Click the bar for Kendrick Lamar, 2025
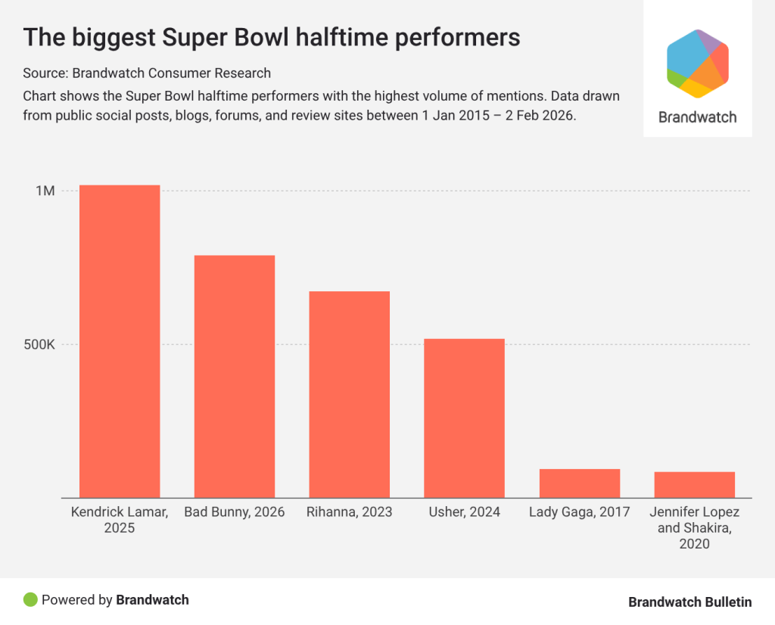pos(120,341)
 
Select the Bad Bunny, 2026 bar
pos(235,376)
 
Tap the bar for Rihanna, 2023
pos(349,394)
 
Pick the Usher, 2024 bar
pos(464,418)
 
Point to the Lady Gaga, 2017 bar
pos(579,483)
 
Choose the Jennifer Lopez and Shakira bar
pos(694,484)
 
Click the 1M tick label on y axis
pos(45,191)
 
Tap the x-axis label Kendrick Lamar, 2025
pos(120,520)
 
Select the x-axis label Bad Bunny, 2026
pos(235,512)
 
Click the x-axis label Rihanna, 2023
pos(349,512)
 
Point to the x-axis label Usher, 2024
pos(464,512)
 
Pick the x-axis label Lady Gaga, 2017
pos(579,512)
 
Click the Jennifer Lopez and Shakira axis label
pos(694,528)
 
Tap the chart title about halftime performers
pos(272,38)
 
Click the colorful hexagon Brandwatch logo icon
pos(697,64)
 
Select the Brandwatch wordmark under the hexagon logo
pos(697,117)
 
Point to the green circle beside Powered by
pos(30,600)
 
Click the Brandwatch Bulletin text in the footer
pos(689,602)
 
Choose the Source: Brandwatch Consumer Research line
pos(147,73)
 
